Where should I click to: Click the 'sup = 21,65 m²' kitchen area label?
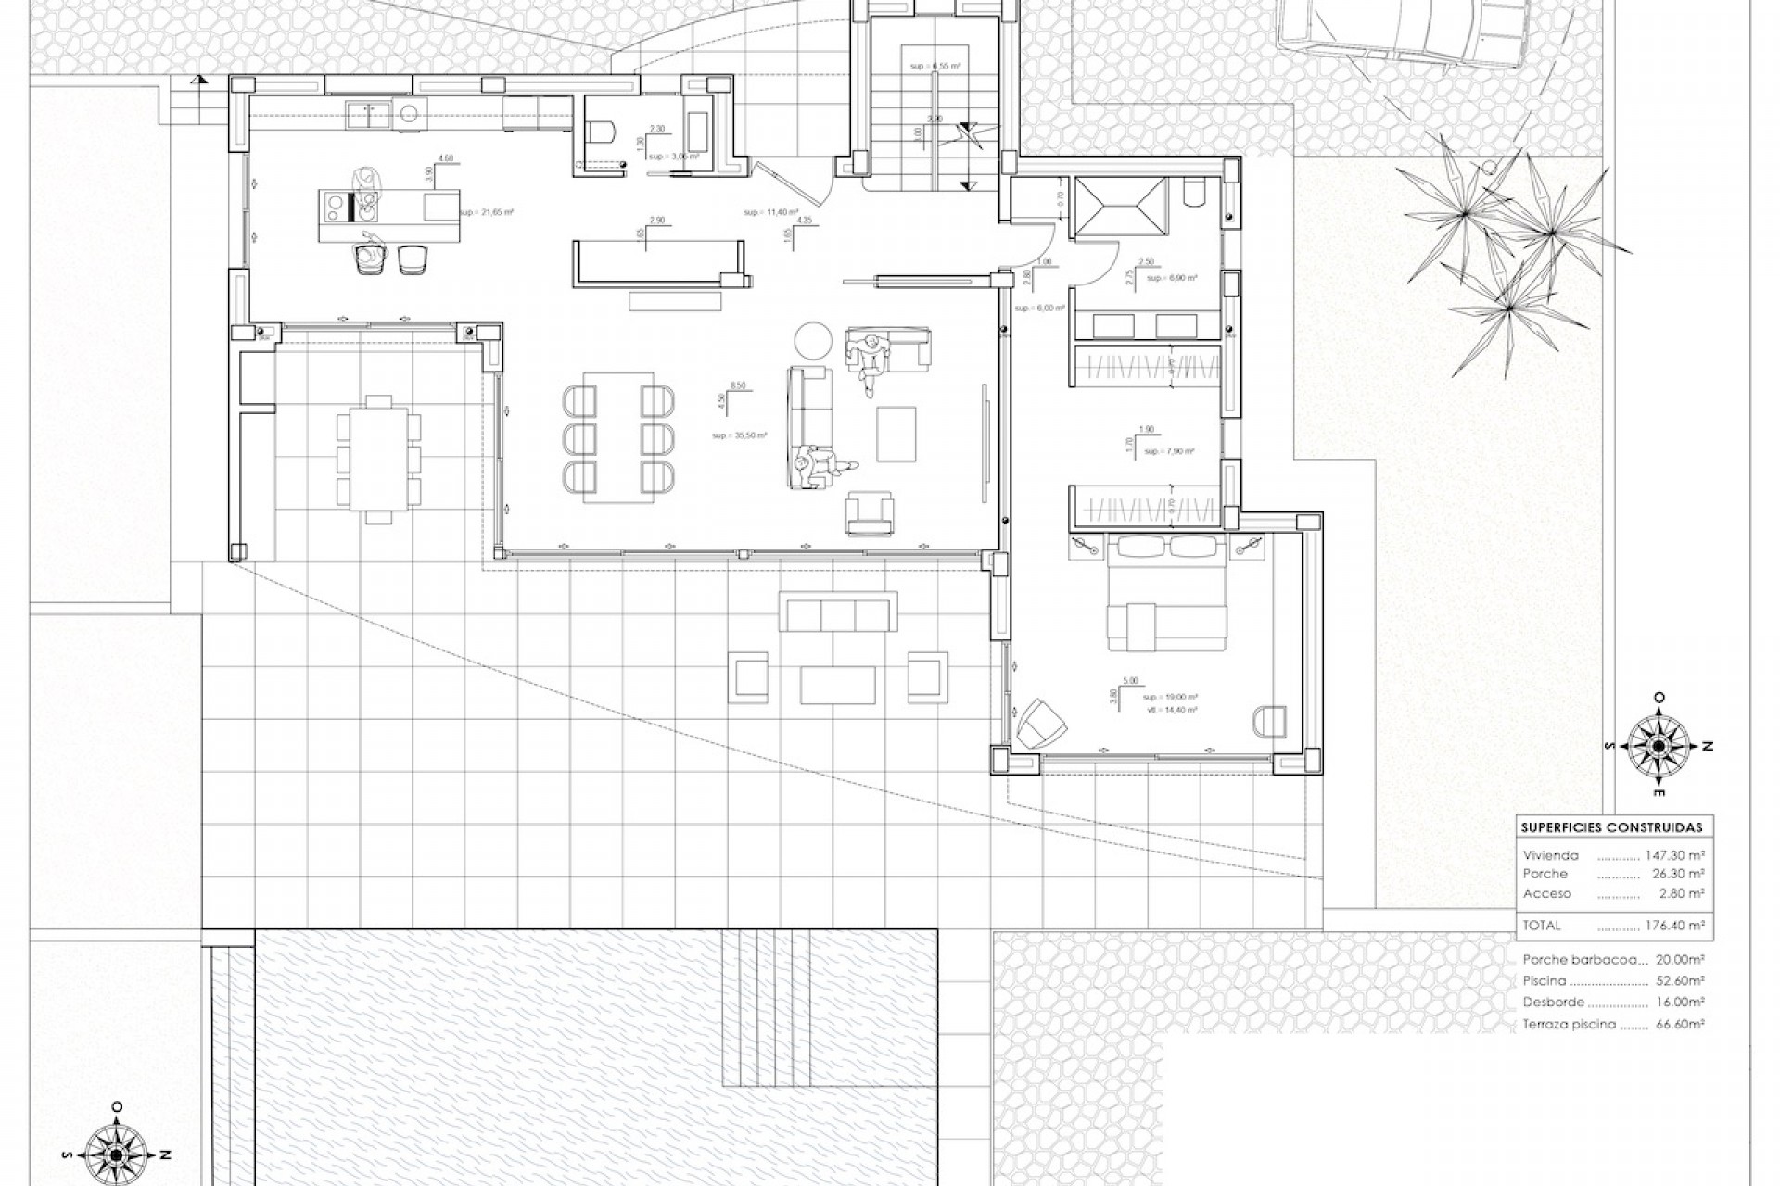(486, 212)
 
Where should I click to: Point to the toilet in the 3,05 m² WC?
(603, 132)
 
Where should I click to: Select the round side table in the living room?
(814, 339)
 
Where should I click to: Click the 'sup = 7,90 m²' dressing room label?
(1169, 451)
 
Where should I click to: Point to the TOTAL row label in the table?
(1542, 925)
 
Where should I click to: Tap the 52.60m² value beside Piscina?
(1680, 980)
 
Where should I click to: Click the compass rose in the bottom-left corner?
(116, 1154)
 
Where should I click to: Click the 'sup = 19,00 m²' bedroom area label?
(1170, 697)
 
